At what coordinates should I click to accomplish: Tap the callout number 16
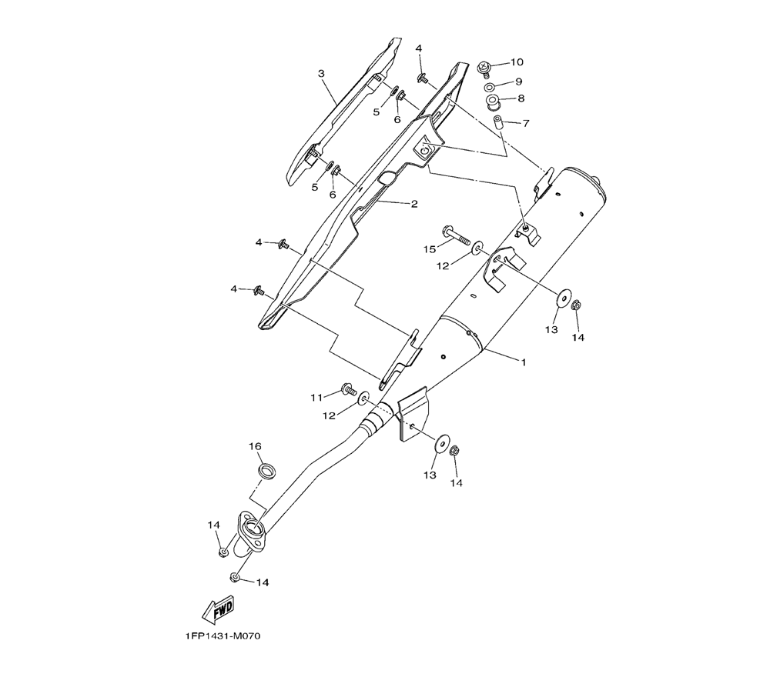pos(255,447)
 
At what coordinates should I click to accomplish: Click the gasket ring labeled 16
pos(267,470)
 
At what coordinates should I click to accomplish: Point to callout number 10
pos(516,62)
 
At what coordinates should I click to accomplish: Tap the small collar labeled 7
pos(498,121)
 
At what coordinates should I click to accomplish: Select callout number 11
pos(316,397)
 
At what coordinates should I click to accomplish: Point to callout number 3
pos(321,74)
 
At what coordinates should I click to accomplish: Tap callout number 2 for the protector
pos(413,204)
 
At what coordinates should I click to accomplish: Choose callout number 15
pos(430,248)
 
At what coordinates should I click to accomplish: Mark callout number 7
pos(526,123)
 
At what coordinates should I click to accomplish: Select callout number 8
pos(521,98)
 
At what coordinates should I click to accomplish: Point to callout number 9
pos(519,81)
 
